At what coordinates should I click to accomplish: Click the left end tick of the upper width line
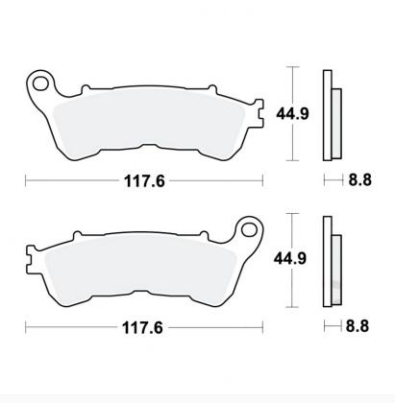click(26, 178)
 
